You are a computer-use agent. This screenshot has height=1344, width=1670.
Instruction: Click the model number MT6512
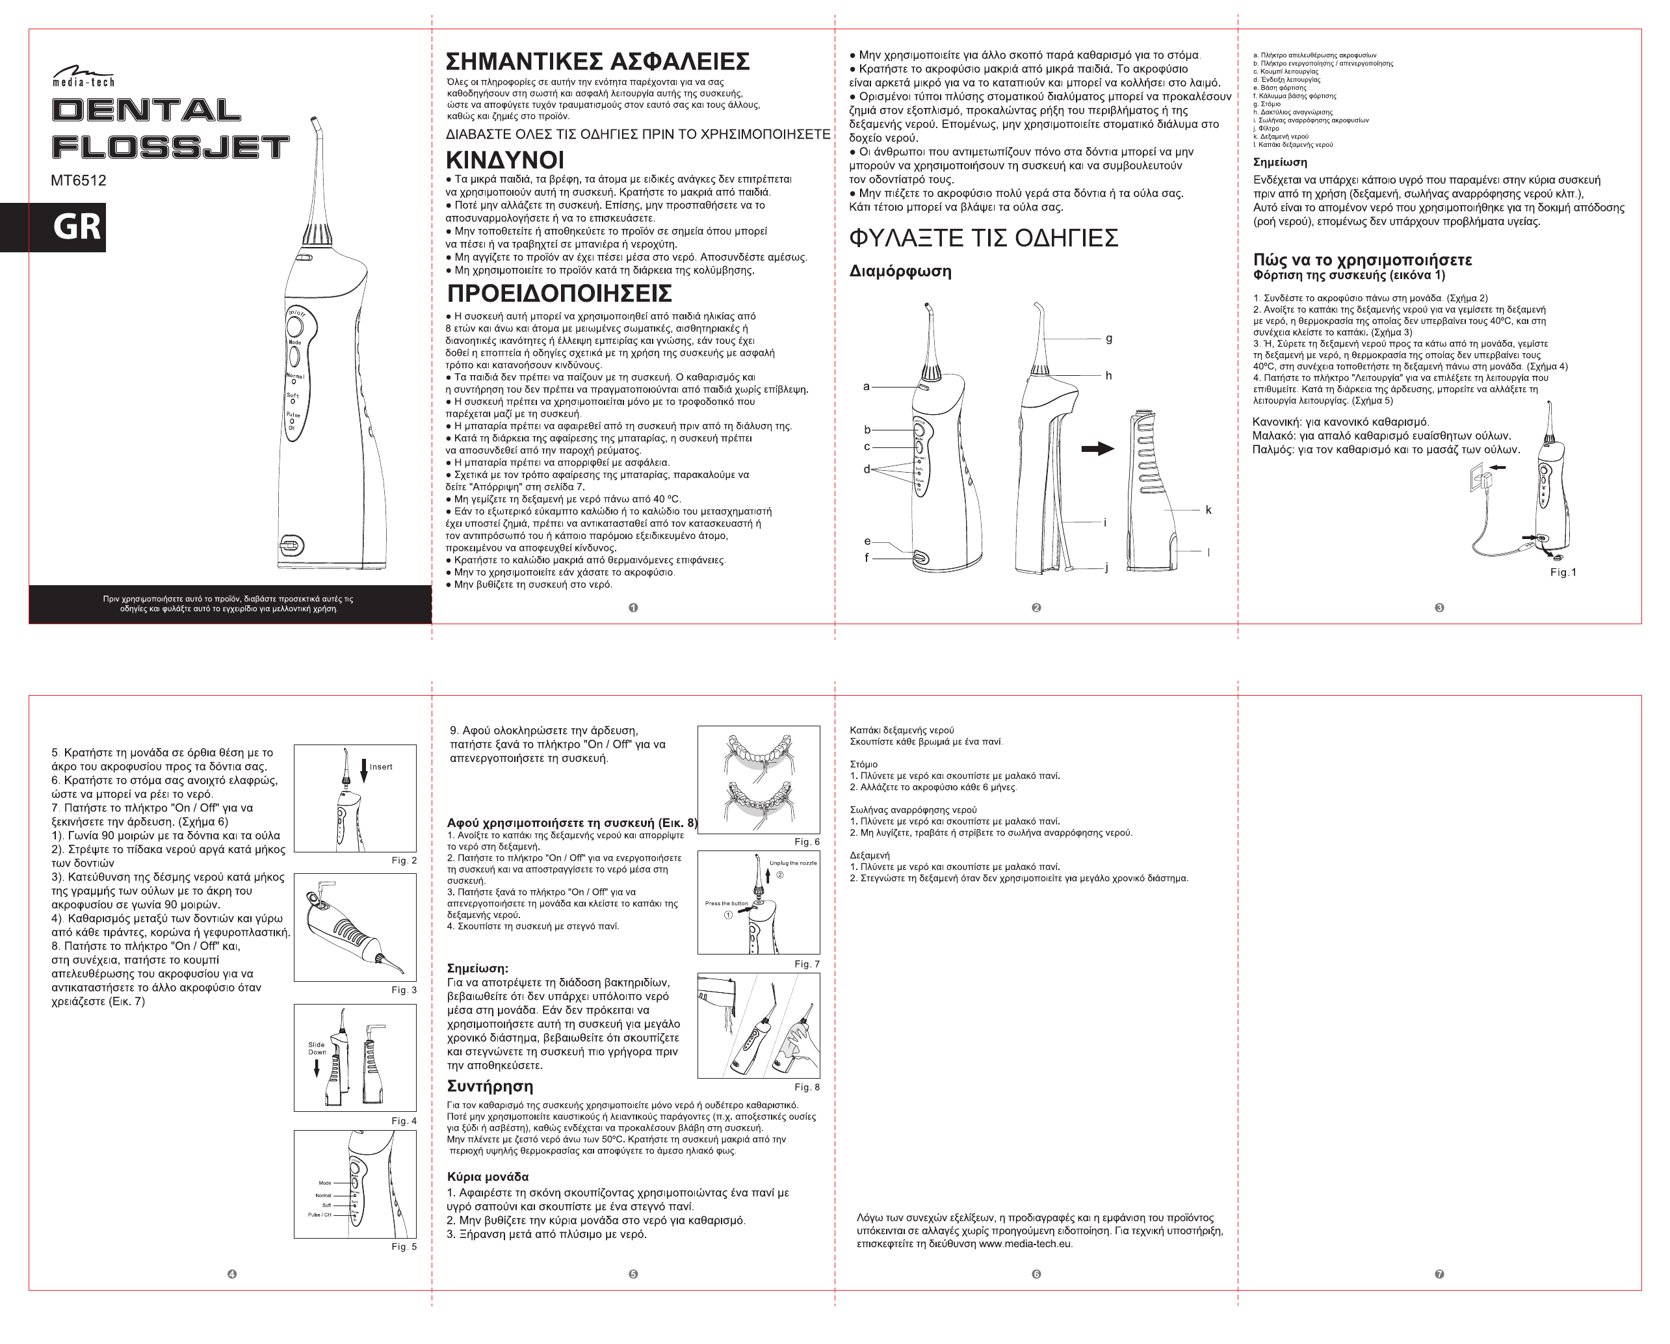pyautogui.click(x=78, y=181)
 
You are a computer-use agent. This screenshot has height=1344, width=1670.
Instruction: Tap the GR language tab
pyautogui.click(x=76, y=227)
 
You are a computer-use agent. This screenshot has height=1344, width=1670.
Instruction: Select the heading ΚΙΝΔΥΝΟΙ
pyautogui.click(x=505, y=161)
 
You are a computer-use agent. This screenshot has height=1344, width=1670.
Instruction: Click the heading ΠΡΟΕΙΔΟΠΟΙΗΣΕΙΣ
pyautogui.click(x=559, y=294)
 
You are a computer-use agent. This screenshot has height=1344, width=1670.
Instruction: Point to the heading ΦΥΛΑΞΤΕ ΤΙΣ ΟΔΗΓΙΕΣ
pyautogui.click(x=984, y=238)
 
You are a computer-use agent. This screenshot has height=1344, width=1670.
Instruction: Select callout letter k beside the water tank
pyautogui.click(x=1208, y=510)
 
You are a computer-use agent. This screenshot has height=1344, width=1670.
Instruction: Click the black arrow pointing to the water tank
pyautogui.click(x=1097, y=449)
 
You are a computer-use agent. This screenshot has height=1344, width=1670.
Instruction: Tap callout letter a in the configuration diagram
pyautogui.click(x=866, y=386)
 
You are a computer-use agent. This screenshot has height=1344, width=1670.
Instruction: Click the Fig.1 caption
pyautogui.click(x=1562, y=572)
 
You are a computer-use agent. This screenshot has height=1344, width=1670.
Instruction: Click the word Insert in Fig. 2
pyautogui.click(x=380, y=767)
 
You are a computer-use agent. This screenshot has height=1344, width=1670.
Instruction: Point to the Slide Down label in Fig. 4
pyautogui.click(x=317, y=1048)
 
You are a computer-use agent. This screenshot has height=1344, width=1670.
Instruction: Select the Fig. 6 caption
pyautogui.click(x=806, y=842)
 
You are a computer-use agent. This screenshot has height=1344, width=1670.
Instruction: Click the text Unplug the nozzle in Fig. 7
pyautogui.click(x=792, y=863)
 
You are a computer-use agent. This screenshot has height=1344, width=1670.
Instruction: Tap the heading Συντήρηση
pyautogui.click(x=489, y=1086)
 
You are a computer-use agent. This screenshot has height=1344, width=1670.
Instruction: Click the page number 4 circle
pyautogui.click(x=231, y=1274)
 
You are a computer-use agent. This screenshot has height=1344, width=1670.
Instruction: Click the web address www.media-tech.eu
pyautogui.click(x=1024, y=1244)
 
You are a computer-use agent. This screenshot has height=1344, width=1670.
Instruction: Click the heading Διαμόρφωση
pyautogui.click(x=900, y=272)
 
